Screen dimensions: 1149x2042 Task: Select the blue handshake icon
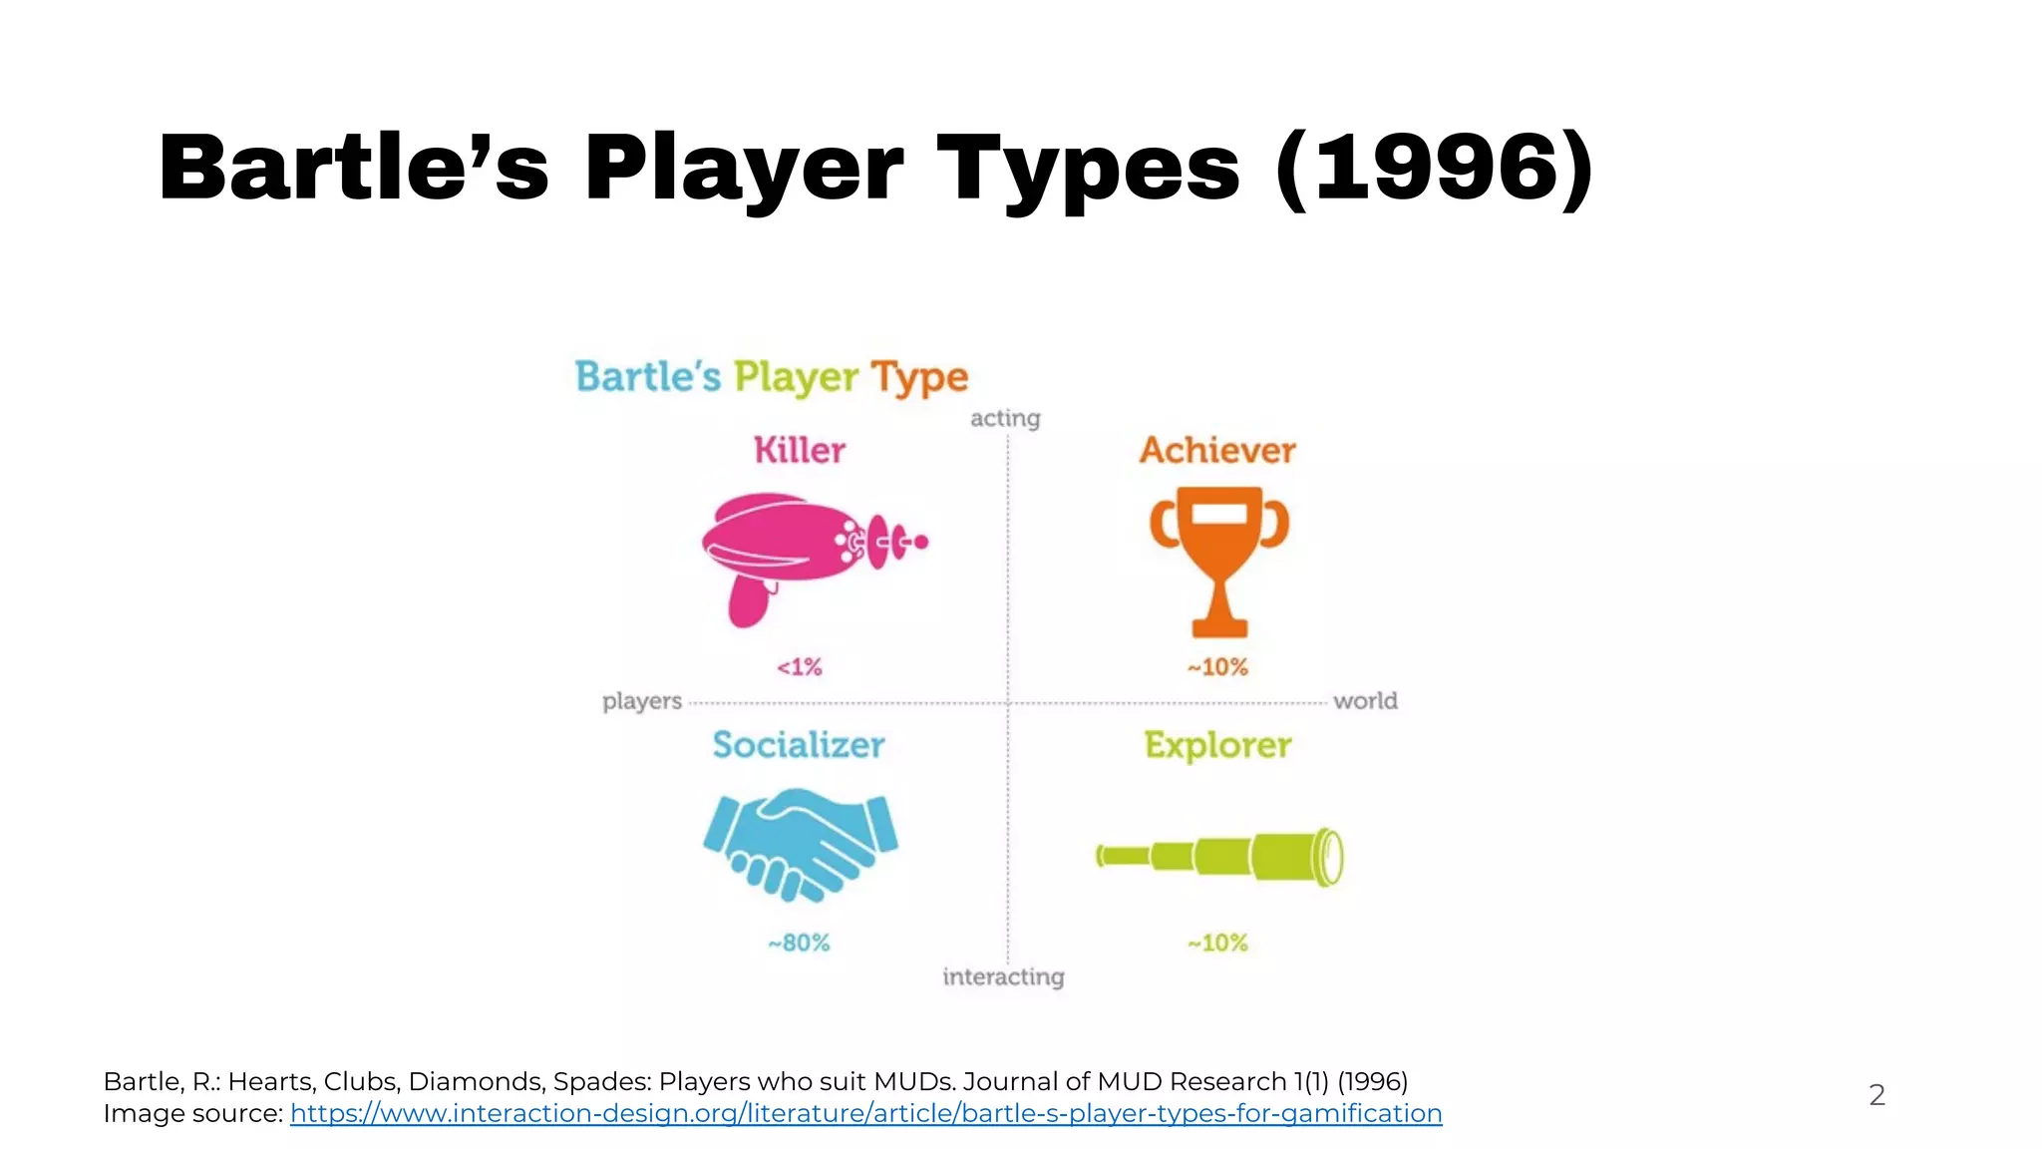pyautogui.click(x=800, y=843)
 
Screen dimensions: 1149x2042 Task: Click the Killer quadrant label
pyautogui.click(x=800, y=450)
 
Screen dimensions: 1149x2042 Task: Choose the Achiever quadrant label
pyautogui.click(x=1217, y=450)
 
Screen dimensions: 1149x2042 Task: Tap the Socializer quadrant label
pyautogui.click(x=799, y=745)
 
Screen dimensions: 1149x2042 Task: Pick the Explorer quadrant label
pyautogui.click(x=1217, y=745)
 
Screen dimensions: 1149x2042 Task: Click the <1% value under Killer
pyautogui.click(x=800, y=666)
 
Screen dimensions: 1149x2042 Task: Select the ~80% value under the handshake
pyautogui.click(x=799, y=943)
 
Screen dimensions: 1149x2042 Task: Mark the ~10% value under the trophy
pyautogui.click(x=1217, y=666)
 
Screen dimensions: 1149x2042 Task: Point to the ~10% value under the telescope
pyautogui.click(x=1217, y=943)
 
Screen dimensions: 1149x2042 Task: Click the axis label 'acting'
pyautogui.click(x=1005, y=418)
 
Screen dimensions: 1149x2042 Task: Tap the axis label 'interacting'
pyautogui.click(x=1003, y=976)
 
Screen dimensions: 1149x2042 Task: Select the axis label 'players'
pyautogui.click(x=642, y=701)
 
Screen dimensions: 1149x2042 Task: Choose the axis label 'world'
pyautogui.click(x=1365, y=701)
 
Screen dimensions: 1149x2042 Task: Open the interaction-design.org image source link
pyautogui.click(x=865, y=1113)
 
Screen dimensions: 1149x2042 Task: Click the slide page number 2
pyautogui.click(x=1876, y=1095)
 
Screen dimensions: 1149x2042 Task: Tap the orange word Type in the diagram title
pyautogui.click(x=919, y=378)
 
